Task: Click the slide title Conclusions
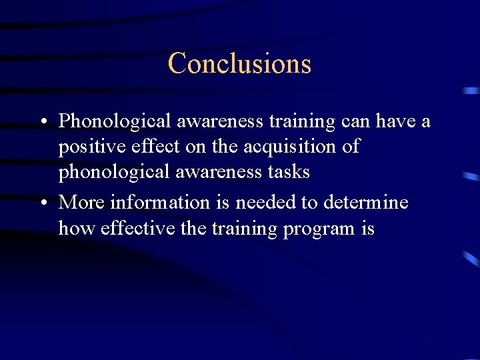click(x=239, y=63)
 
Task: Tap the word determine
click(x=365, y=202)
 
